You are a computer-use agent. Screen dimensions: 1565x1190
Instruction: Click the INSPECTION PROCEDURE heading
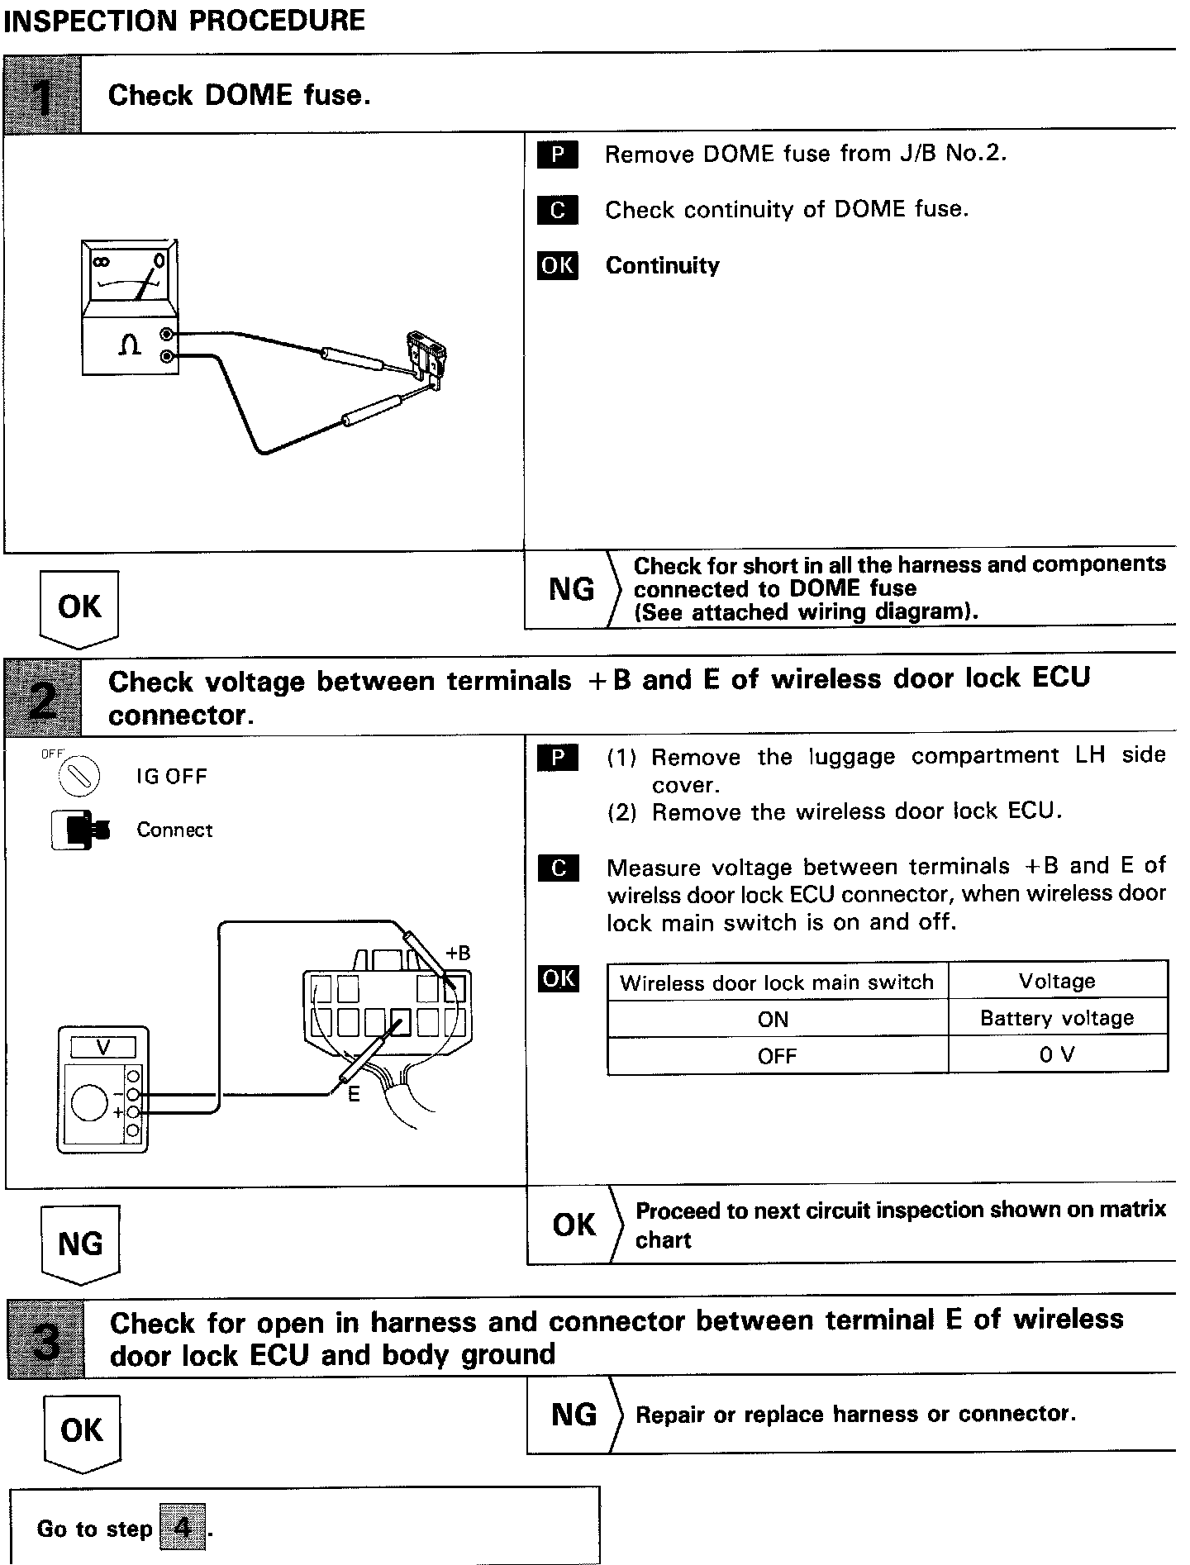(x=184, y=20)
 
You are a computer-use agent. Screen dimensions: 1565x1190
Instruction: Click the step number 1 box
(x=43, y=95)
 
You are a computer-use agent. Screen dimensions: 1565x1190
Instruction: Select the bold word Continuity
(x=662, y=265)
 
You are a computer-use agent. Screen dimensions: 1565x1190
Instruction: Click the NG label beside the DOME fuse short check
(x=571, y=589)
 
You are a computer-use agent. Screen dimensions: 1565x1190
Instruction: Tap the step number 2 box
(x=43, y=697)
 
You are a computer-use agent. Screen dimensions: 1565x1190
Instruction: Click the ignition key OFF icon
(x=80, y=775)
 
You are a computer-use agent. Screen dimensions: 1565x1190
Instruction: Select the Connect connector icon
(x=80, y=830)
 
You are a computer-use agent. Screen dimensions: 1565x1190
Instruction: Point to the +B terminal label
(x=458, y=953)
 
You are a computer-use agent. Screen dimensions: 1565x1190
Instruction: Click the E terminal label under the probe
(x=354, y=1096)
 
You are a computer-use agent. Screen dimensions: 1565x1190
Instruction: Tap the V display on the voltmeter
(x=103, y=1048)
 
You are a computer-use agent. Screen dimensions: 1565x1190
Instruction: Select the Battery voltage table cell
(x=1057, y=1018)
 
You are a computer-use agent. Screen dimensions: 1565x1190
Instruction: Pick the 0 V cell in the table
(x=1057, y=1055)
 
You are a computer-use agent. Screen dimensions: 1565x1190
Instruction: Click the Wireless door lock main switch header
(x=777, y=982)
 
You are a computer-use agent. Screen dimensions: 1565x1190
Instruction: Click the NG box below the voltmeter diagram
(x=80, y=1244)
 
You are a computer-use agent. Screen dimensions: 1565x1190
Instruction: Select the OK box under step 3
(x=81, y=1430)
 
